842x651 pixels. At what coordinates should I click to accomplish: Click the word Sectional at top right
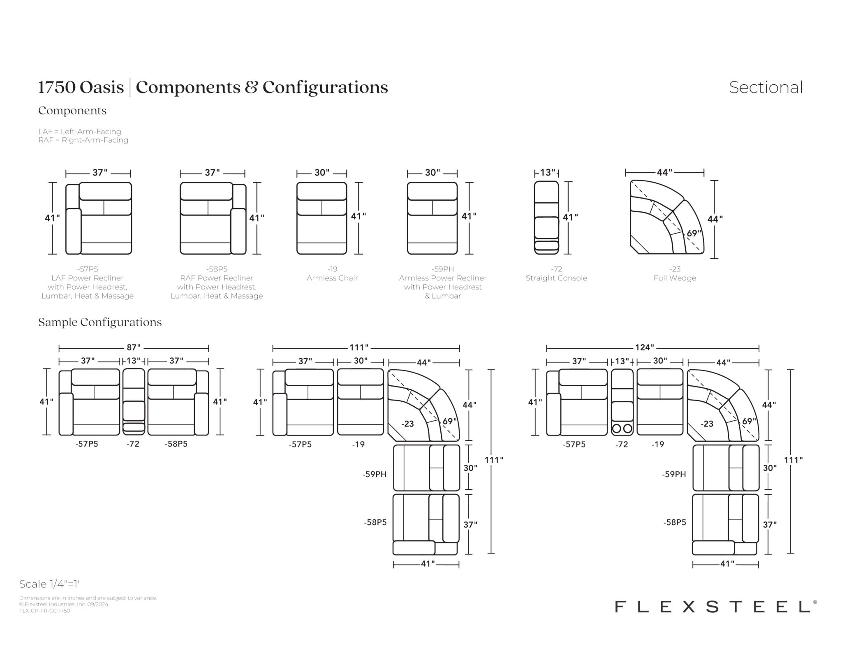(766, 87)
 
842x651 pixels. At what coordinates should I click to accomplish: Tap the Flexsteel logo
(716, 607)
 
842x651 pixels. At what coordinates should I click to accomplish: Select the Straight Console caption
(556, 278)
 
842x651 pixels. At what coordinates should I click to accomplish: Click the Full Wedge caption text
(675, 278)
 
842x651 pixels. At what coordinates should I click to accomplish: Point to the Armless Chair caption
(332, 278)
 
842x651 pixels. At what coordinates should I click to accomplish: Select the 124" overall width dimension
(644, 348)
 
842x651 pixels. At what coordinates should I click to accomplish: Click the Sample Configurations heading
(100, 322)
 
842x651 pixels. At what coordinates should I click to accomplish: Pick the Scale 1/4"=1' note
(49, 584)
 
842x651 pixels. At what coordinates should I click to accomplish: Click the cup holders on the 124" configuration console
(622, 429)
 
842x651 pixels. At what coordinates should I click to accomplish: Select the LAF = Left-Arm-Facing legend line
(80, 132)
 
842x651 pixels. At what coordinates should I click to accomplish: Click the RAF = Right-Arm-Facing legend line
(83, 140)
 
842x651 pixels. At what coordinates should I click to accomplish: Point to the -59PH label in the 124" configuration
(674, 474)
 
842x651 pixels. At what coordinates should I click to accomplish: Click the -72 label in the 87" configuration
(133, 444)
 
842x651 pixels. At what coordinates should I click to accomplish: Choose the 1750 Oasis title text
(81, 87)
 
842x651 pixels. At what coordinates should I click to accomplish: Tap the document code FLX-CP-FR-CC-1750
(44, 611)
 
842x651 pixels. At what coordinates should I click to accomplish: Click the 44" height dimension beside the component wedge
(715, 219)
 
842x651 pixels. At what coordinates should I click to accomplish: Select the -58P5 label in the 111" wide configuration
(375, 522)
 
